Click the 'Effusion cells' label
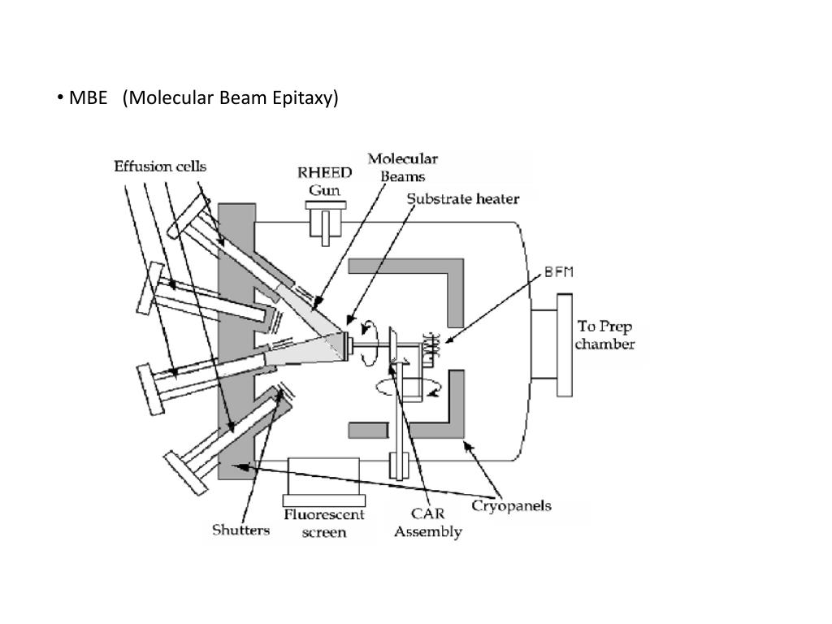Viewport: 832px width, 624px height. [x=159, y=167]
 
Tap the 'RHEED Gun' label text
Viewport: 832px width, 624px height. [x=324, y=182]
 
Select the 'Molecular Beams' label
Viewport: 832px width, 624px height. [x=402, y=167]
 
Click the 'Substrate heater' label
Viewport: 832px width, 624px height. [x=462, y=197]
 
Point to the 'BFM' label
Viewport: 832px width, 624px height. [x=559, y=273]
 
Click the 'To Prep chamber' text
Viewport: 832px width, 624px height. [x=604, y=335]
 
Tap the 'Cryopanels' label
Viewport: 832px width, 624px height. [x=512, y=505]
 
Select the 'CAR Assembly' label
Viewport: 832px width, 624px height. [x=427, y=523]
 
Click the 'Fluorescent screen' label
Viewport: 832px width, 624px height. [x=323, y=523]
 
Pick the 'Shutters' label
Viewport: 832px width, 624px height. [x=240, y=531]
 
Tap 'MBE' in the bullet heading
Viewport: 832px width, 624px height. [x=88, y=98]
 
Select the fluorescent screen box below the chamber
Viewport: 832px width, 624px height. [x=322, y=480]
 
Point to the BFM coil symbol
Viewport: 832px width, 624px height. [x=429, y=346]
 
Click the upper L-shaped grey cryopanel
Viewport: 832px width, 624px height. [x=422, y=269]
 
